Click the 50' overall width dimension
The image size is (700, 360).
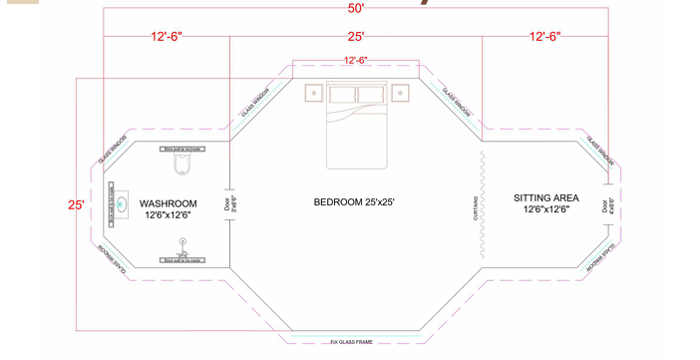357,8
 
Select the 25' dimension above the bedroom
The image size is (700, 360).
356,36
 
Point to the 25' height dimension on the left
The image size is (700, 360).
76,205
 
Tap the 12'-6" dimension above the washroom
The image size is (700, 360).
167,36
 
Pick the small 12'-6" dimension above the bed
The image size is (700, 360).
356,61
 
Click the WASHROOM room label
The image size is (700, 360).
168,203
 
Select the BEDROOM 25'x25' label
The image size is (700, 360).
354,202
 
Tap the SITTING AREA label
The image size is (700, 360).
544,198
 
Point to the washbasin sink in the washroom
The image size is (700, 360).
122,204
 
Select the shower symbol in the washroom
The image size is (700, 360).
182,242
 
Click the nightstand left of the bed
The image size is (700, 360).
313,93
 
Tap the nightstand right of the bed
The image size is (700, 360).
400,93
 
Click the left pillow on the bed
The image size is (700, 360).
342,94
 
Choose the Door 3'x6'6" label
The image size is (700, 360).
232,204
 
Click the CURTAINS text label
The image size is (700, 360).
475,207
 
